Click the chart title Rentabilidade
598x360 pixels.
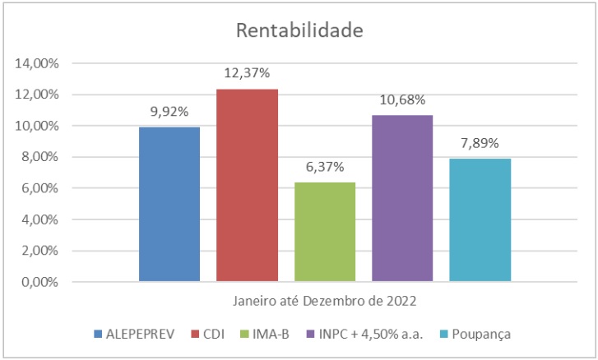click(299, 30)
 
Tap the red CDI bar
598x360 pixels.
click(247, 185)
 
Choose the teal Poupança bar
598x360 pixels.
click(480, 219)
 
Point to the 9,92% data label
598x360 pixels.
click(169, 111)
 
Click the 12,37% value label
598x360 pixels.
click(247, 73)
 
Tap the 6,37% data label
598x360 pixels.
click(324, 167)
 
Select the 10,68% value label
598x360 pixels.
click(401, 100)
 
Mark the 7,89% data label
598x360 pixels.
click(480, 143)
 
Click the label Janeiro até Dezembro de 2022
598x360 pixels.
click(324, 302)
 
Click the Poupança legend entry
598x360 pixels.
click(480, 334)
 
